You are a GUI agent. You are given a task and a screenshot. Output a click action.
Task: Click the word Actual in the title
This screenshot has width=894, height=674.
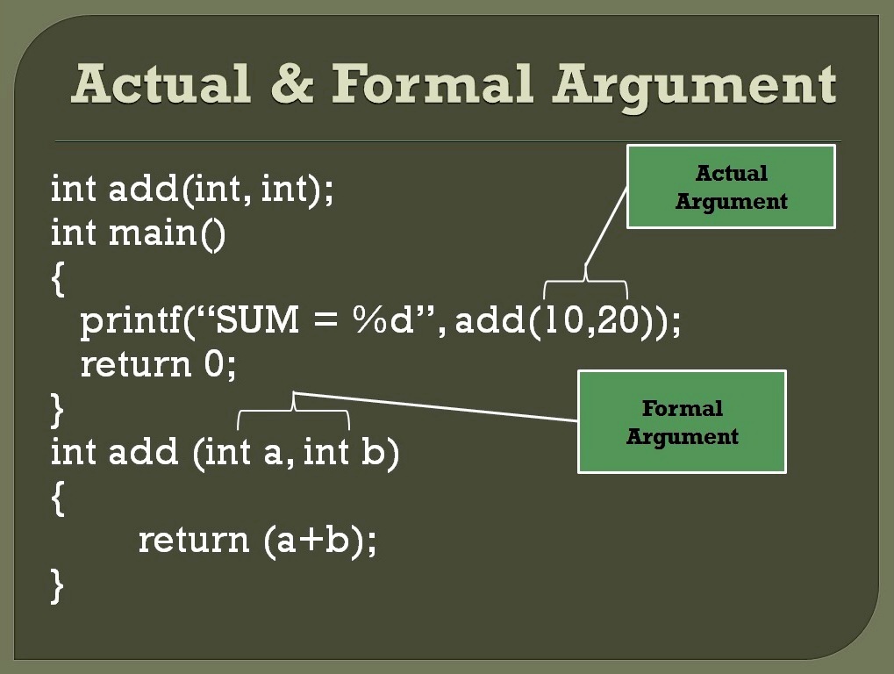(162, 85)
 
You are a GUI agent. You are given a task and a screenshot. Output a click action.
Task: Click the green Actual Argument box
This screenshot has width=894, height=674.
(730, 187)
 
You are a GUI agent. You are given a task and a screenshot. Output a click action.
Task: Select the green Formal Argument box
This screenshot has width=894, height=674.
(681, 422)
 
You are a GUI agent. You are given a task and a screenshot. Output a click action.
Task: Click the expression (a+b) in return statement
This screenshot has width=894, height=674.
(320, 540)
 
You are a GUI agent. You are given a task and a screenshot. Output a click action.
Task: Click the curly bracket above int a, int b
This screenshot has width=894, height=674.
(294, 411)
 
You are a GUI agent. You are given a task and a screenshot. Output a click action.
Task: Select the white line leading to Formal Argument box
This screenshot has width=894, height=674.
(439, 406)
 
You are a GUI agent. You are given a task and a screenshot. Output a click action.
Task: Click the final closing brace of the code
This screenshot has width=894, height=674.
(58, 585)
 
